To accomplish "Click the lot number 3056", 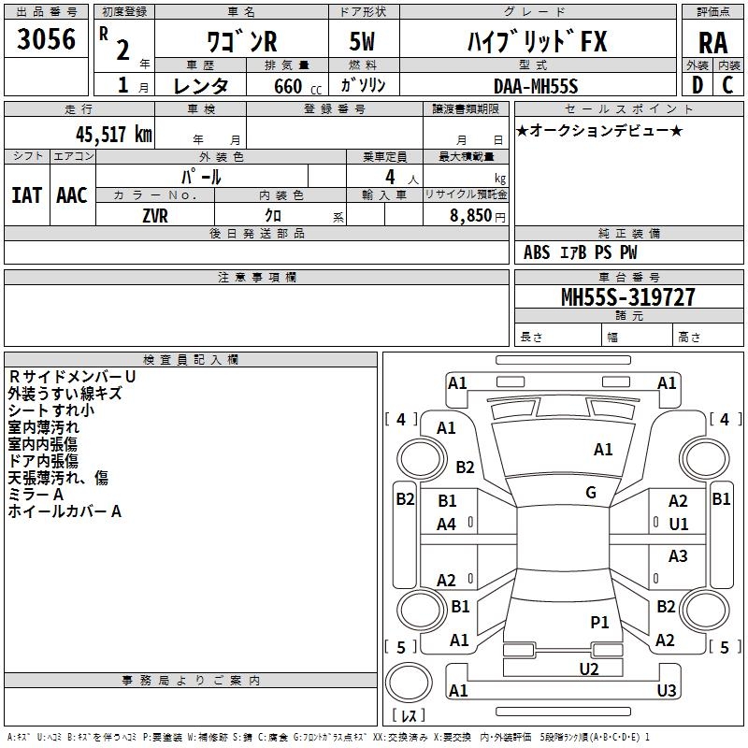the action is [x=46, y=38].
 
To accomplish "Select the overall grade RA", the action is [x=712, y=43].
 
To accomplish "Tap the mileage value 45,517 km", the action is [x=114, y=134].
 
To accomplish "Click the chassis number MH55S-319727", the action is [x=627, y=296].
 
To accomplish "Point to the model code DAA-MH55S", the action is [x=536, y=86].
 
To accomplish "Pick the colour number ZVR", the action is [x=155, y=216].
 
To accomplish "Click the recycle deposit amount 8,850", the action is [x=470, y=216].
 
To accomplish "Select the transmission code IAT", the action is [x=26, y=195].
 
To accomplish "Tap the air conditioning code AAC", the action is [x=72, y=195].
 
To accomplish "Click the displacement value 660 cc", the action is [x=297, y=86].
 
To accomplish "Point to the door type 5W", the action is [x=362, y=41].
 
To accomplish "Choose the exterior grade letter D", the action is [x=698, y=85].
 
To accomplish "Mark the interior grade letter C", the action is [x=727, y=85].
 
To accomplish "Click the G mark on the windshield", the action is [x=591, y=493].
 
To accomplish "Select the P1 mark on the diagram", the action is [x=599, y=622].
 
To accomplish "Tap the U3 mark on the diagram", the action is [x=667, y=690].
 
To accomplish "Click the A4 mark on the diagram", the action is [x=447, y=525].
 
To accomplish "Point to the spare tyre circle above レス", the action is [x=409, y=682].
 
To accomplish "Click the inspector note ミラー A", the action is [x=36, y=495].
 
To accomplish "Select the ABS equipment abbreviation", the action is [x=537, y=252].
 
